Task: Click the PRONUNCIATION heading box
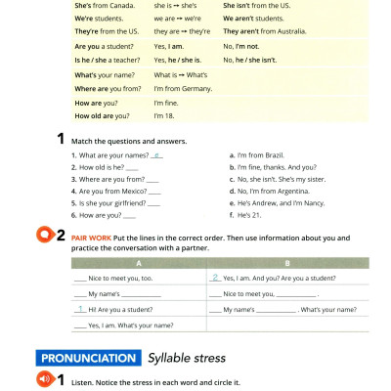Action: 87,357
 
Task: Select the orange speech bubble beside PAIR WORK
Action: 44,236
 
